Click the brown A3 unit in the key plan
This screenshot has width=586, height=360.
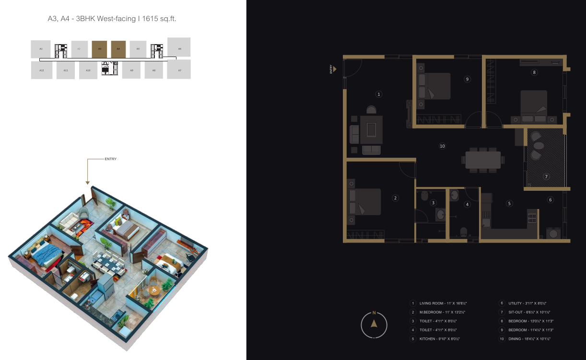pyautogui.click(x=99, y=49)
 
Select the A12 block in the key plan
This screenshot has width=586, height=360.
pyautogui.click(x=42, y=70)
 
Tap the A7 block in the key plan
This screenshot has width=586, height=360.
pyautogui.click(x=179, y=70)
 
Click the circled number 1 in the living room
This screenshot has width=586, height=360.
pyautogui.click(x=379, y=94)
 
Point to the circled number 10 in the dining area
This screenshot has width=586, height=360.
pyautogui.click(x=443, y=146)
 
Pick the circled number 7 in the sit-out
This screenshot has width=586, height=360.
pyautogui.click(x=546, y=176)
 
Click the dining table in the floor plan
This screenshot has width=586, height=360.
pyautogui.click(x=483, y=160)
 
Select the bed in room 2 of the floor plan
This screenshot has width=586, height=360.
pyautogui.click(x=365, y=202)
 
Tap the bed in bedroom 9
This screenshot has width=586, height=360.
pyautogui.click(x=434, y=86)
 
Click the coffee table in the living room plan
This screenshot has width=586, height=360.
pyautogui.click(x=371, y=129)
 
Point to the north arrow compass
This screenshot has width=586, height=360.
pyautogui.click(x=374, y=325)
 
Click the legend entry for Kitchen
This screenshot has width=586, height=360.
pyautogui.click(x=440, y=339)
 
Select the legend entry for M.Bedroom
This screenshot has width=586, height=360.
pyautogui.click(x=442, y=312)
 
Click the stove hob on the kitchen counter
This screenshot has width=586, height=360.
pyautogui.click(x=532, y=218)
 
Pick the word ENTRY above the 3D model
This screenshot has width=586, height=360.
pyautogui.click(x=110, y=159)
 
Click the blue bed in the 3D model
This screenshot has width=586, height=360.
pyautogui.click(x=45, y=254)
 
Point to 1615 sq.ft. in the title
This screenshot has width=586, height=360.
pyautogui.click(x=163, y=19)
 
